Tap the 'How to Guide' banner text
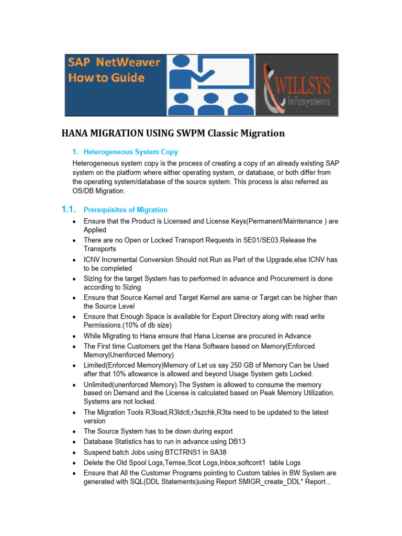(106, 77)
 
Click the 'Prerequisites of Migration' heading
(126, 210)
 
